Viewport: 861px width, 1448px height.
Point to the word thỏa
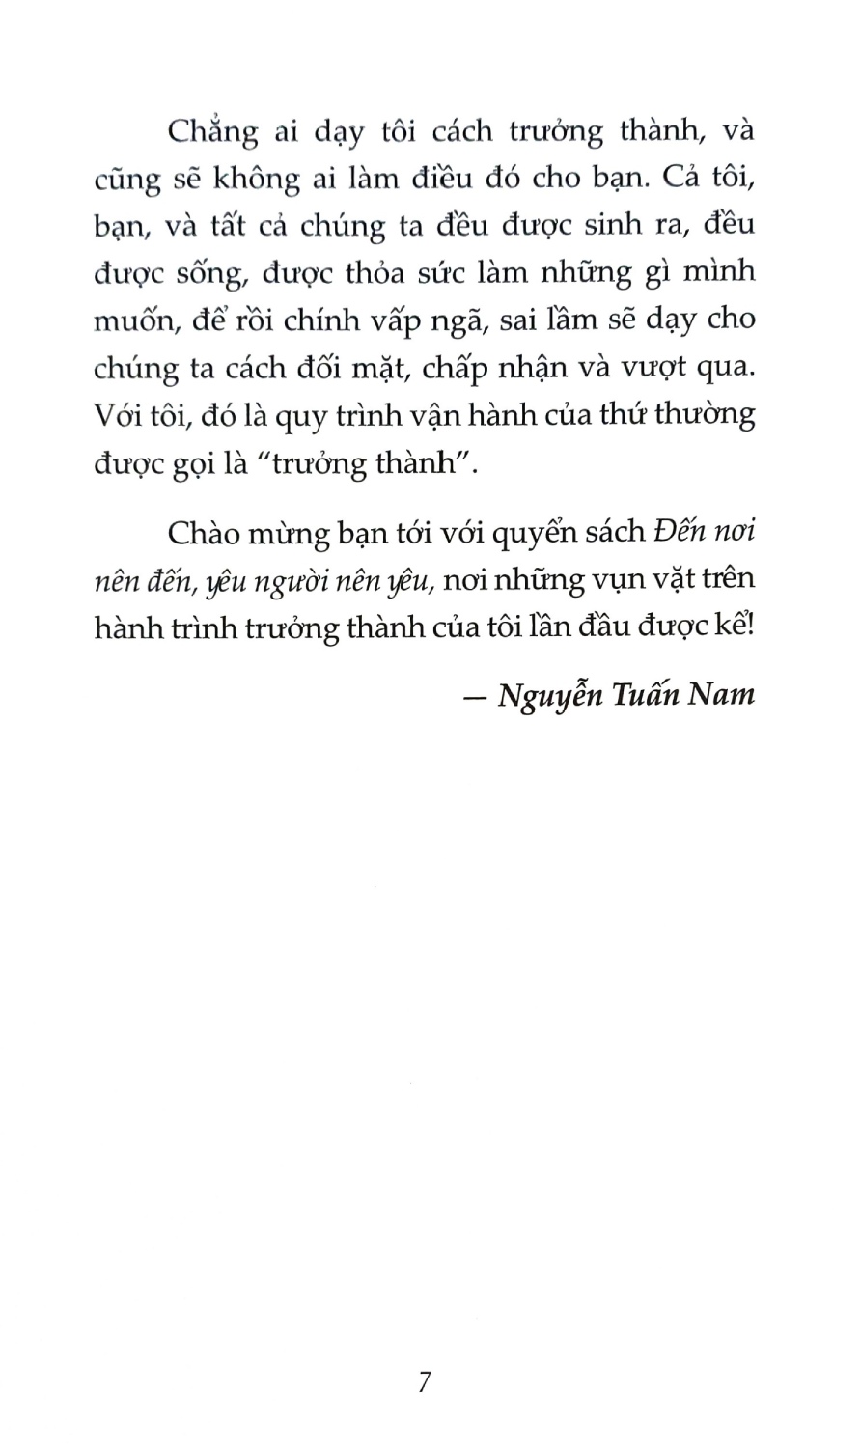[x=393, y=273]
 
